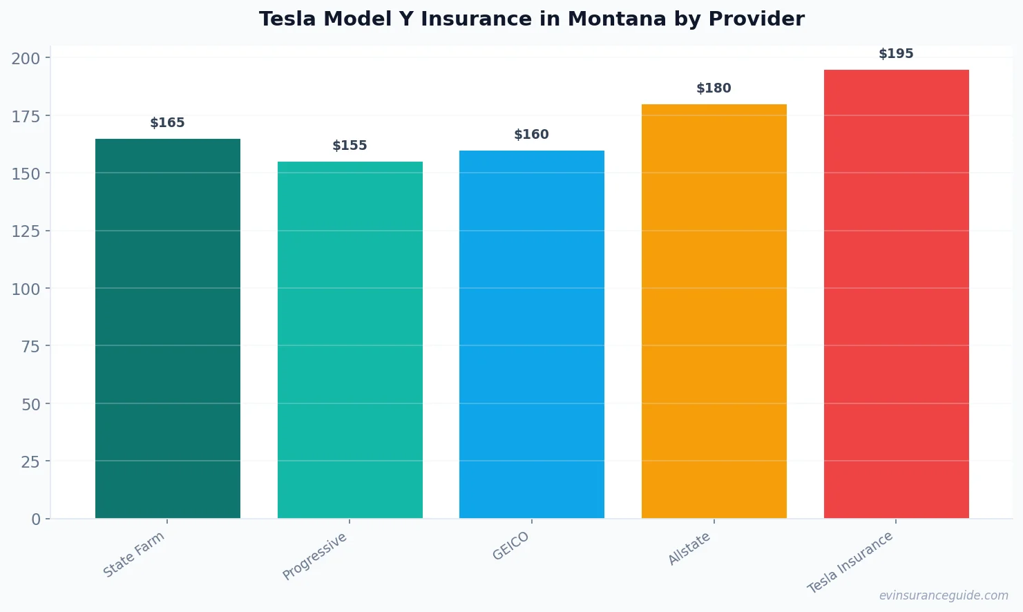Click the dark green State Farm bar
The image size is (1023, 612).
[168, 328]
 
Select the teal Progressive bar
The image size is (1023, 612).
[350, 340]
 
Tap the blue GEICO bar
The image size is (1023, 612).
[531, 334]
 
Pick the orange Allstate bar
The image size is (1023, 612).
[714, 311]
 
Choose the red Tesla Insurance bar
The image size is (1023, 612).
[896, 294]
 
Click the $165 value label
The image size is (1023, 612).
[168, 123]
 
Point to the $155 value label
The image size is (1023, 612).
[350, 146]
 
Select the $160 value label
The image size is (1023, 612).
[531, 135]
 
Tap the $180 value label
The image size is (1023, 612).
[714, 88]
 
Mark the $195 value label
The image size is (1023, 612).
[896, 54]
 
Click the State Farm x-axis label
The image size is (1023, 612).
[134, 554]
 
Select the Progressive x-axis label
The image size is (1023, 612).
[315, 556]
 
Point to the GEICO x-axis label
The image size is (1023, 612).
[511, 546]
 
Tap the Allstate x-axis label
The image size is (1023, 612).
[689, 549]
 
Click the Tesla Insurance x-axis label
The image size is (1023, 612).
[850, 562]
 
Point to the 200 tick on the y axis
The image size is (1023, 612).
[26, 58]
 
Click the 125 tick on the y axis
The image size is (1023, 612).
[26, 231]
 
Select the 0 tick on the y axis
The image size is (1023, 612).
[36, 519]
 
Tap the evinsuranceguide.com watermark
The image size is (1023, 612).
[944, 595]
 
